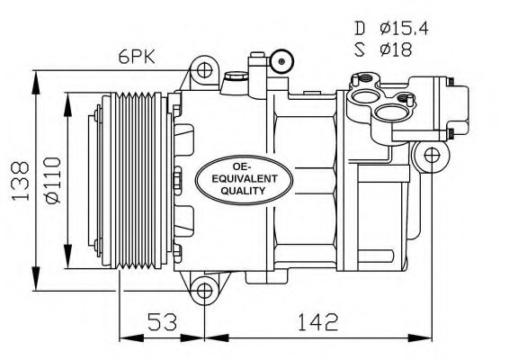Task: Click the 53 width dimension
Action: coord(162,320)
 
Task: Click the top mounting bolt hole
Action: coord(207,69)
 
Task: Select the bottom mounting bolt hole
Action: coord(207,290)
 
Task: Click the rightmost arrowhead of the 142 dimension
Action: coord(440,340)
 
